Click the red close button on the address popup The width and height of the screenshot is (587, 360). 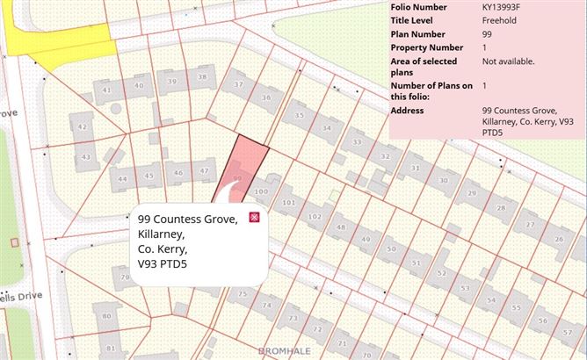[x=255, y=217]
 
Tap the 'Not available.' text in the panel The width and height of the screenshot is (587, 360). [x=508, y=61]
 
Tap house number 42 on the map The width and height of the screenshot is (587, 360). [x=82, y=127]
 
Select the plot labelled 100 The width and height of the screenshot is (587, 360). [x=260, y=191]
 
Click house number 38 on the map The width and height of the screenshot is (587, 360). [x=202, y=77]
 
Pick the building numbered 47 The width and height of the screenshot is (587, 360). [x=204, y=171]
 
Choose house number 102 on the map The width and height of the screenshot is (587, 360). [x=315, y=216]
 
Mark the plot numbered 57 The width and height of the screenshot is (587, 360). [x=542, y=320]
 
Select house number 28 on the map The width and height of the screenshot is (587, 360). [x=502, y=207]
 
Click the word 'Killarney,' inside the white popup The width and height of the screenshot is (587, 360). [x=162, y=234]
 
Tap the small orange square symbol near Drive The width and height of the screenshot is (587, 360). [x=13, y=241]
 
